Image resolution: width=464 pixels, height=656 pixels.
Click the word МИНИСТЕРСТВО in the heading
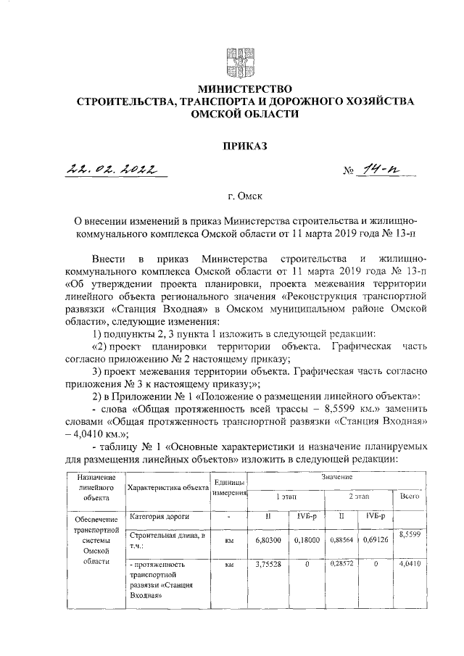(x=236, y=89)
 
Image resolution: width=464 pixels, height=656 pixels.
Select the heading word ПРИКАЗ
(x=236, y=145)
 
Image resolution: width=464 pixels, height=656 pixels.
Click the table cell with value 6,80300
(x=268, y=540)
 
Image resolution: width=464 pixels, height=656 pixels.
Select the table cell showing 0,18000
(x=305, y=540)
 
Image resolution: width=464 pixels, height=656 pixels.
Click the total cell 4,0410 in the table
(x=410, y=563)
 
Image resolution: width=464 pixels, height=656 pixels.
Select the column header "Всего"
(x=410, y=497)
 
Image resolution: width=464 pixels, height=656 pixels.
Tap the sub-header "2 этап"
(x=357, y=497)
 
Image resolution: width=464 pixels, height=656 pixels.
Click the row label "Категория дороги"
(x=160, y=517)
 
